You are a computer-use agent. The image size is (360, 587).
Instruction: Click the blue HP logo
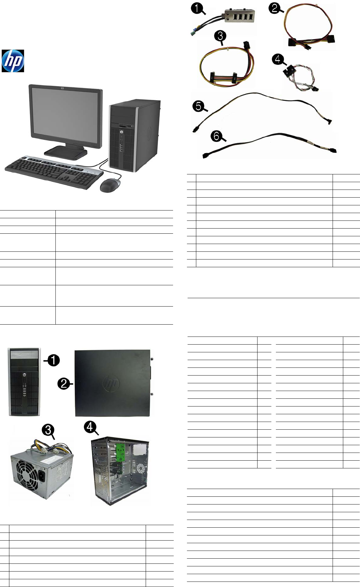point(13,61)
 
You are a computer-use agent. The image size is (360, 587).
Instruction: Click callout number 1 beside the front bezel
point(54,360)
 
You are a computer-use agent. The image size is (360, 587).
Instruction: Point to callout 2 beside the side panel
point(64,384)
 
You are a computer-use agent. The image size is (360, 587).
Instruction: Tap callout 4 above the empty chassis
point(90,427)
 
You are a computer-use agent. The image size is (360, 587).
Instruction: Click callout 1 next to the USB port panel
point(197,8)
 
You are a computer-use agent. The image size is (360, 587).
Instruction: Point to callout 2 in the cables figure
point(275,8)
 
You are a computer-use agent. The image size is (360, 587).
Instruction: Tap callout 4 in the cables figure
point(278,59)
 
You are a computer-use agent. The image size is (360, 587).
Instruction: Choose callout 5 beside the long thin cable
point(199,106)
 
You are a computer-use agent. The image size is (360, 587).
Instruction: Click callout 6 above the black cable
point(217,136)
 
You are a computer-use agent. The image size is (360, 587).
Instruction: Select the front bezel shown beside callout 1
point(24,382)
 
